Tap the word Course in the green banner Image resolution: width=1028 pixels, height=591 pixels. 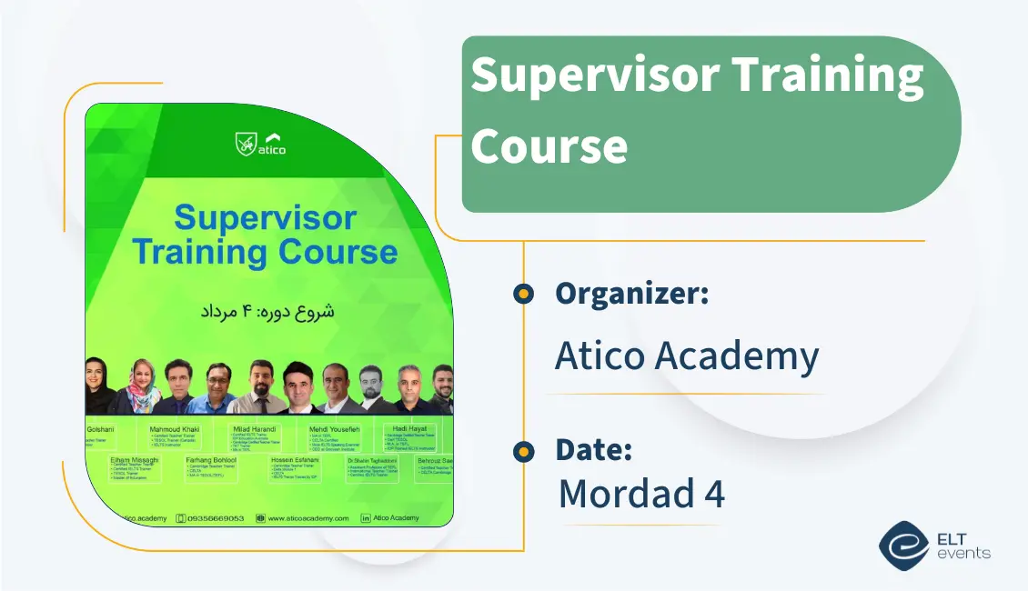coord(549,145)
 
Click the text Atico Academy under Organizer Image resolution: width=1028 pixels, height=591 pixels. coord(687,356)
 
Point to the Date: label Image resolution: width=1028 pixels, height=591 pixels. coord(594,450)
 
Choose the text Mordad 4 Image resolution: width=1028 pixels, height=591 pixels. coord(641,494)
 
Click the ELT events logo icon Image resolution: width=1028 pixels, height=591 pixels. coord(903,545)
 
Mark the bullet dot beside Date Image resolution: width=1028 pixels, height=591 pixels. coord(523,451)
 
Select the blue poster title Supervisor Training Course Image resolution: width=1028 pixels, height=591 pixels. coord(265,235)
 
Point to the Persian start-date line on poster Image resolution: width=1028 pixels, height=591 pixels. coord(267,310)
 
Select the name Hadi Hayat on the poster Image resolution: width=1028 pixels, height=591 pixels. coord(410,427)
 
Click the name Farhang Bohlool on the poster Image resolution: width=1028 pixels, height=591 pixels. coord(211,461)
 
